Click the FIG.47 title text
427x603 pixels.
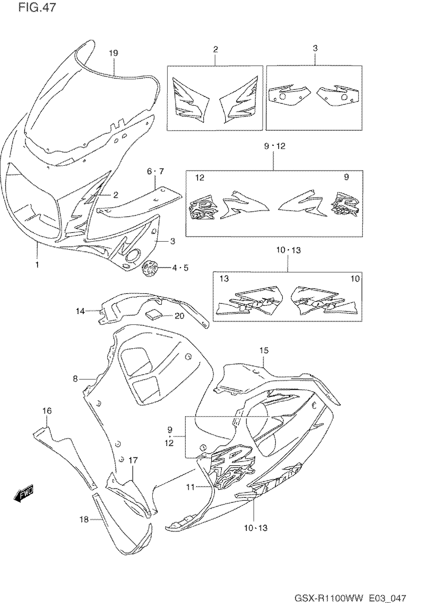click(37, 7)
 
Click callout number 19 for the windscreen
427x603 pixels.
click(114, 53)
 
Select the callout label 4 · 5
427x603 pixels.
click(180, 268)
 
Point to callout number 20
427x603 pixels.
click(179, 316)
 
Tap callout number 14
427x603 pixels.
click(80, 311)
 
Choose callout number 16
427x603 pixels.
click(47, 411)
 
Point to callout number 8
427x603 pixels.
click(75, 379)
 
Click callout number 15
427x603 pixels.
click(264, 350)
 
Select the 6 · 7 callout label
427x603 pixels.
click(155, 171)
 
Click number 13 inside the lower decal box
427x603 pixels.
click(224, 278)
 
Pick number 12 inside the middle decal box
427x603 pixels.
click(200, 178)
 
